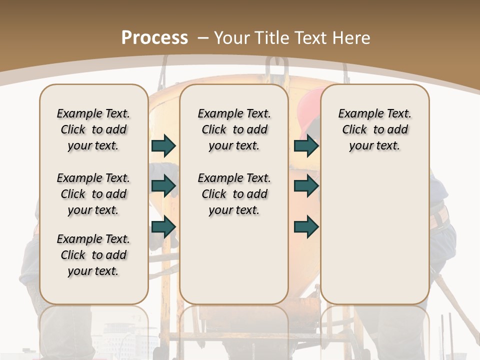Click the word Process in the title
coord(154,37)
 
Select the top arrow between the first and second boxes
coord(163,145)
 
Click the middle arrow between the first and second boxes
coord(163,186)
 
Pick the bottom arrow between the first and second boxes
coord(163,226)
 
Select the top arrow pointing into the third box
coord(306,145)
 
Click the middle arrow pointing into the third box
coord(306,186)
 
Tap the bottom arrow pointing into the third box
coord(306,226)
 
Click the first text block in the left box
coord(93,129)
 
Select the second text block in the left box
coord(93,194)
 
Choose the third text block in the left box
coord(93,255)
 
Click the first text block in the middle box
coord(234,129)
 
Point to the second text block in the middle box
coord(234,194)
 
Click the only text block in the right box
coord(374,129)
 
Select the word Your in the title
coord(232,37)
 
